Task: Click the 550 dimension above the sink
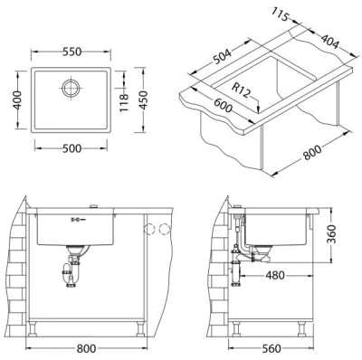pos(71,52)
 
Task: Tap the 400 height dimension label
pos(18,99)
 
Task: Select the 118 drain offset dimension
pos(124,102)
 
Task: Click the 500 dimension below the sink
pos(71,148)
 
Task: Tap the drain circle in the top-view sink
pos(71,88)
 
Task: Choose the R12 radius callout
pos(241,90)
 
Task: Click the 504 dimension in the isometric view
pos(222,57)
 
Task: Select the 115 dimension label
pos(281,14)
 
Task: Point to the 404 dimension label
pos(329,42)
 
